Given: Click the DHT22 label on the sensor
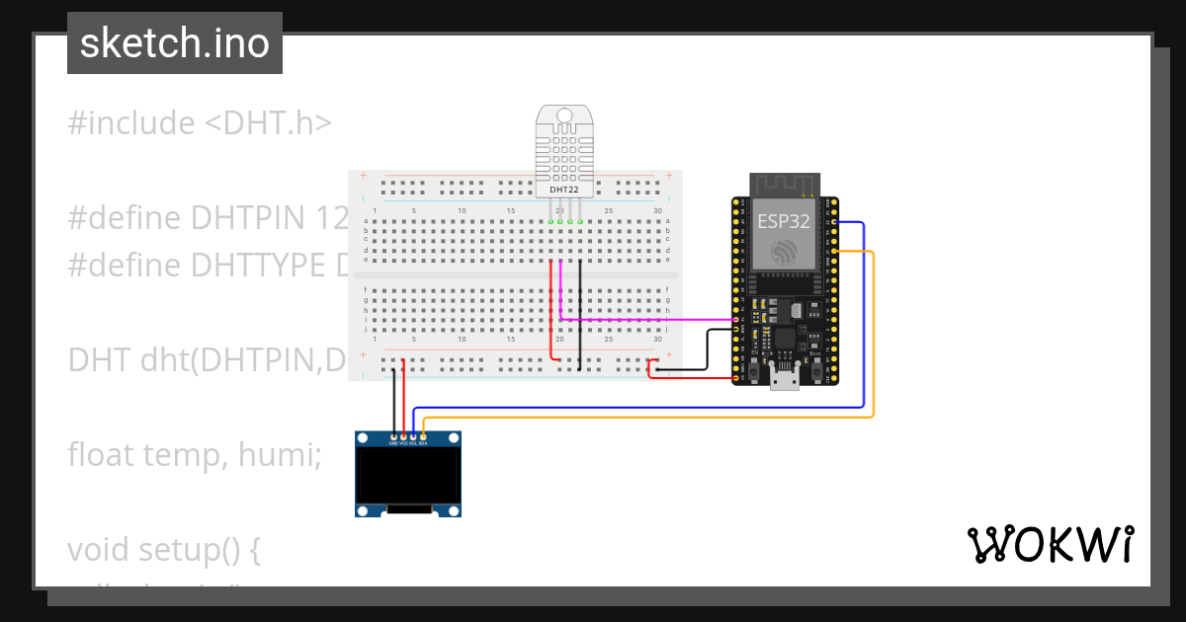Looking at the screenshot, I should (564, 189).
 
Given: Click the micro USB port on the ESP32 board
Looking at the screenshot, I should (786, 379).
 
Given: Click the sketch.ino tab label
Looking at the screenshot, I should (175, 43).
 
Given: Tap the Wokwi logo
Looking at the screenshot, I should (1050, 544).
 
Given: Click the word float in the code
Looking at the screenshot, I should (102, 455).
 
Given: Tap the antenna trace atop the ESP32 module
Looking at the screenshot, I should (785, 185).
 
